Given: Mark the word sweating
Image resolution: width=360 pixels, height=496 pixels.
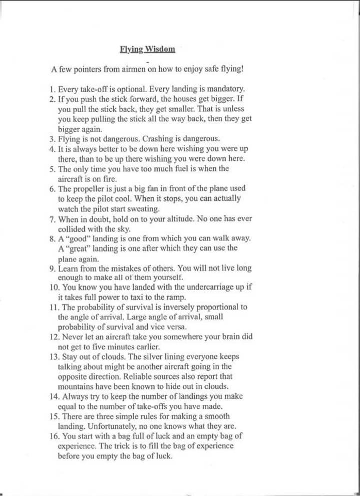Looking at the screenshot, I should click(143, 208).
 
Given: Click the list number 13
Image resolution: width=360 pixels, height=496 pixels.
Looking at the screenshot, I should click(54, 357).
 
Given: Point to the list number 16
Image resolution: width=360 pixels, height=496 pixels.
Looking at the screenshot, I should click(54, 436).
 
